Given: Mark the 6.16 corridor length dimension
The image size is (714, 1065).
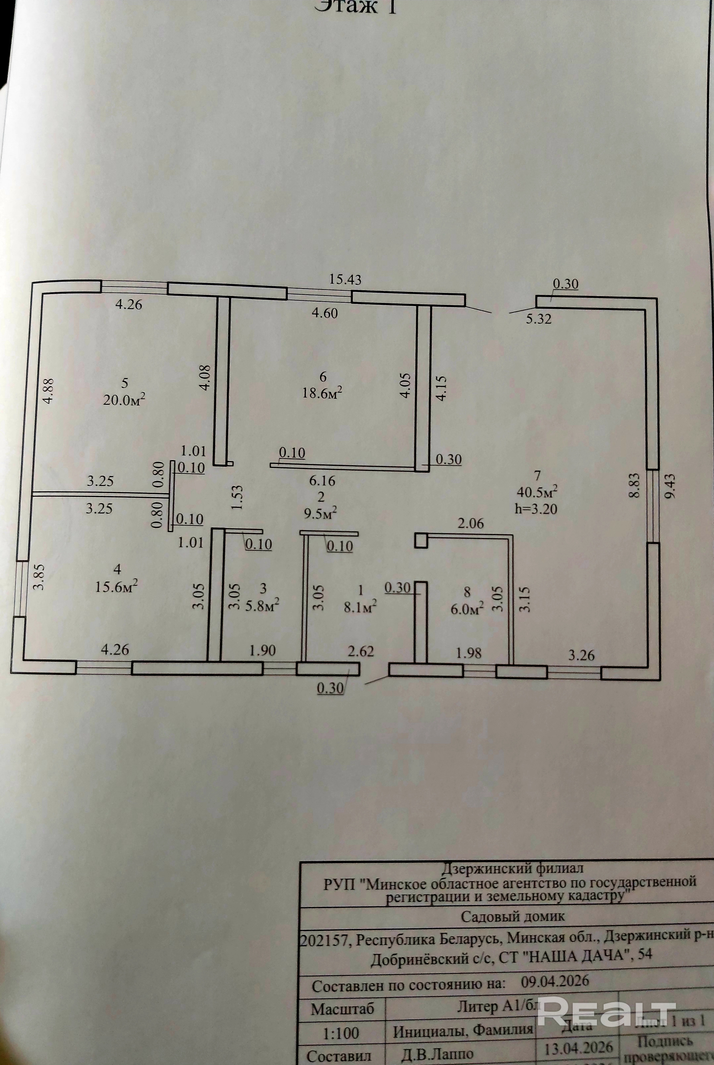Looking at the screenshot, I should tap(322, 480).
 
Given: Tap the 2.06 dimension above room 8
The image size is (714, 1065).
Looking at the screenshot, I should tap(470, 523).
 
